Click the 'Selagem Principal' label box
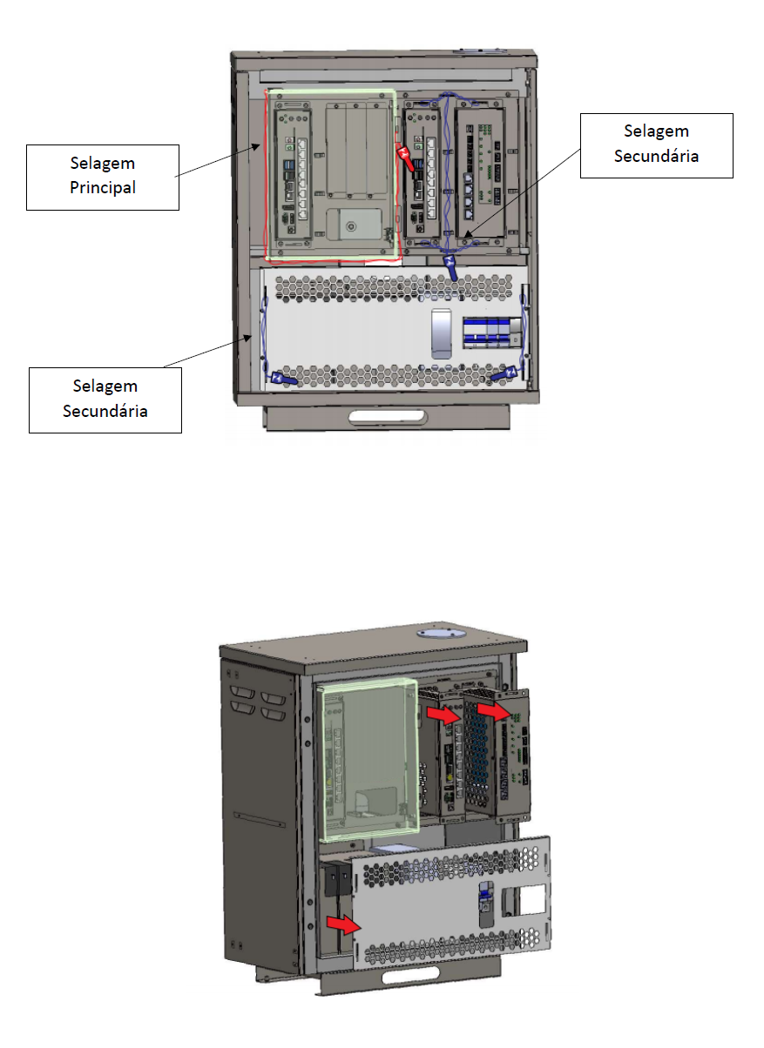pos(103,178)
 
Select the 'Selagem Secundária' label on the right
pos(656,145)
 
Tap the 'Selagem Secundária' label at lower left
pos(105,400)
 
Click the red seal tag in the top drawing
pos(405,158)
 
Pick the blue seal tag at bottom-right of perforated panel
pos(504,374)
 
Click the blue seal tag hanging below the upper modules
pos(450,267)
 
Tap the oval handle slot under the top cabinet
pos(388,417)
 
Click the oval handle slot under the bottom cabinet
pos(411,975)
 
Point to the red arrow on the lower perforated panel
pos(343,924)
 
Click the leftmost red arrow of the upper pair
pos(444,715)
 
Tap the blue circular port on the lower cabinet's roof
pos(442,633)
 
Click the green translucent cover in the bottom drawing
pos(368,759)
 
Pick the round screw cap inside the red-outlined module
pos(350,227)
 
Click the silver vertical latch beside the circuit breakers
pos(441,333)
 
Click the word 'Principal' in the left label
pos(103,188)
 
